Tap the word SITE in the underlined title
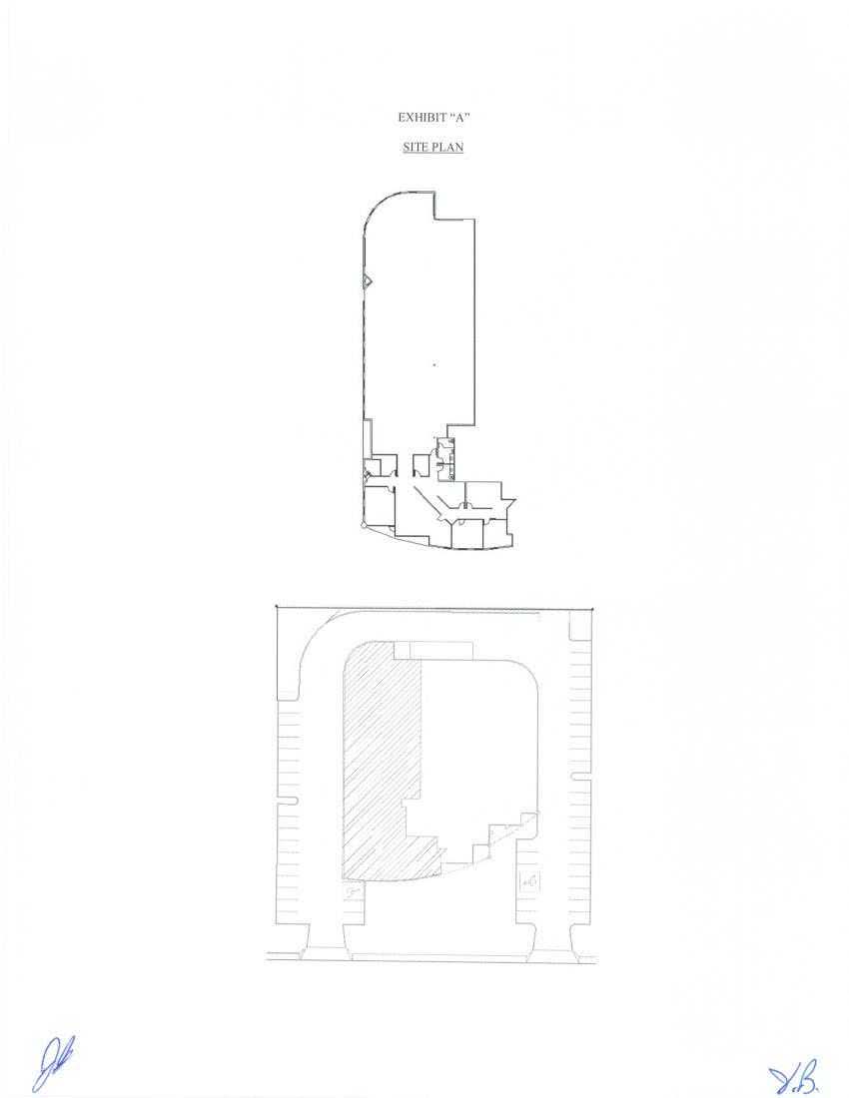tap(415, 147)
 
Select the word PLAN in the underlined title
tap(447, 147)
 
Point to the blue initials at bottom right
tap(794, 1077)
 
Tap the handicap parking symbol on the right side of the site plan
tap(528, 881)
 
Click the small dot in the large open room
tap(434, 365)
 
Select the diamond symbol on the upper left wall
tap(367, 281)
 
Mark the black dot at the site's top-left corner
tap(276, 606)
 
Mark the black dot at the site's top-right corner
tap(591, 608)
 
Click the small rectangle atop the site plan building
tap(433, 650)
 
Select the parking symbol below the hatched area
tap(352, 891)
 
